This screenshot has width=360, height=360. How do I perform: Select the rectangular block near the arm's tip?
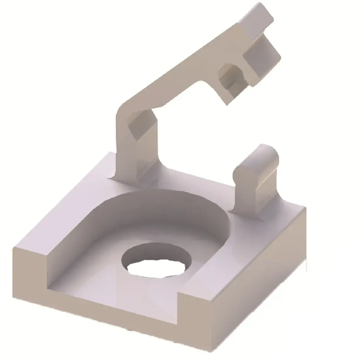pyautogui.click(x=262, y=54)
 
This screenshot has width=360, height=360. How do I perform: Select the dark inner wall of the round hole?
pyautogui.click(x=154, y=250)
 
